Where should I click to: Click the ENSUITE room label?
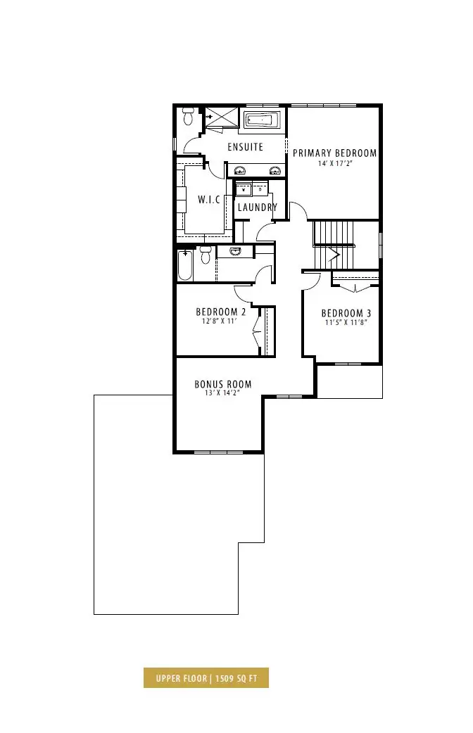tap(245, 147)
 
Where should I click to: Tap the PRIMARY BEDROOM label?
tap(334, 153)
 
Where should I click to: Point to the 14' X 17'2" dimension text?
tap(334, 164)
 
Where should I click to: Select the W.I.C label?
tap(208, 200)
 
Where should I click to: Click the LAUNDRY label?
tap(258, 207)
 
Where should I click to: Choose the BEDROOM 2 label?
tap(220, 312)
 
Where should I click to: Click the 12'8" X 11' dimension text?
tap(220, 321)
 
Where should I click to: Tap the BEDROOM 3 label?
tap(346, 313)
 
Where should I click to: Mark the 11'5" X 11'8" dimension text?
tap(346, 323)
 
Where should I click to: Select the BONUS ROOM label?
tap(222, 384)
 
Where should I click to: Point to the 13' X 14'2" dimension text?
tap(222, 394)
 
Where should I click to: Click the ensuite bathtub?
tap(262, 120)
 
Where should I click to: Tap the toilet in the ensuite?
tap(189, 116)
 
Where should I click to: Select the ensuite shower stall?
tap(222, 116)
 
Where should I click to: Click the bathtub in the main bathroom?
tap(185, 265)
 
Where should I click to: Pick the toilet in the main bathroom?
tap(205, 254)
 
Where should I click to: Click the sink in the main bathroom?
tap(235, 252)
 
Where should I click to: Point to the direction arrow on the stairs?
tap(334, 255)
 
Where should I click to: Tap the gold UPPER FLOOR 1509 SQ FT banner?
tap(206, 678)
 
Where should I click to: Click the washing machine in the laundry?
tap(244, 190)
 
